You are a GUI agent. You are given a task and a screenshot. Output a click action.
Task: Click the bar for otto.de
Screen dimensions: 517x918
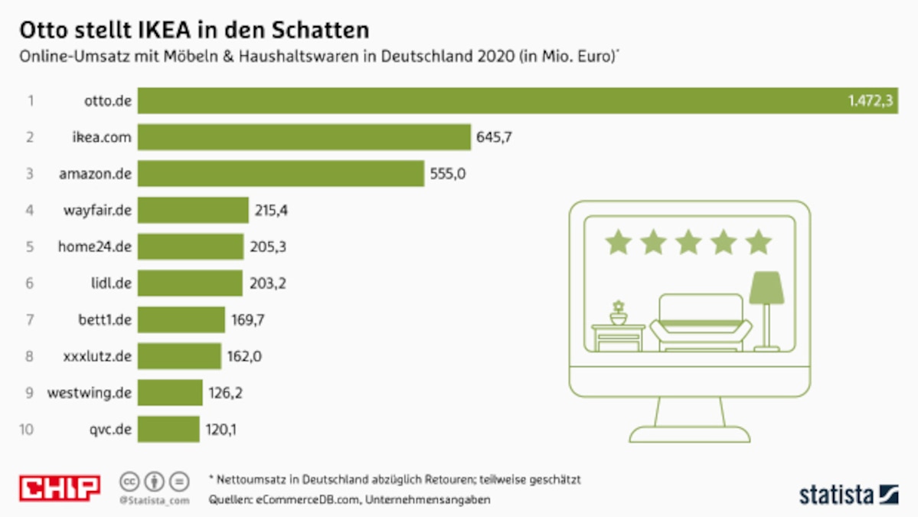490,101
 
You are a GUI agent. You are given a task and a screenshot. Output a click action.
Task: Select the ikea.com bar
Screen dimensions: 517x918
304,137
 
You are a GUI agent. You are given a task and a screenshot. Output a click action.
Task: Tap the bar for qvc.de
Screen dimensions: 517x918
168,430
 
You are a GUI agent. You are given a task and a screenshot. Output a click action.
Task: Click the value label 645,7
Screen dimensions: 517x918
495,138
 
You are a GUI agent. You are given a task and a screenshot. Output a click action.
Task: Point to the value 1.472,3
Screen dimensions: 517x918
871,101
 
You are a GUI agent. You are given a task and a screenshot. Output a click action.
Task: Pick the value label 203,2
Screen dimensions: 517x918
267,283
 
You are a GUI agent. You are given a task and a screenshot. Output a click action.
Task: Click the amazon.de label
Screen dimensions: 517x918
95,174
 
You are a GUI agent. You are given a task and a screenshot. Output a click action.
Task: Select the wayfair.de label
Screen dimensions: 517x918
97,210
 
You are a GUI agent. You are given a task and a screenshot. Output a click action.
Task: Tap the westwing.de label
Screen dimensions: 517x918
90,394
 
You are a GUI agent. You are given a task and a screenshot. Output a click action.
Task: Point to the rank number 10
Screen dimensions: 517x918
27,430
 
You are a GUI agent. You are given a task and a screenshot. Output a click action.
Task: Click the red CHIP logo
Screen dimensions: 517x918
60,488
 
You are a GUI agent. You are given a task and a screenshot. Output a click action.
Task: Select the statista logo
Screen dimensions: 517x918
848,494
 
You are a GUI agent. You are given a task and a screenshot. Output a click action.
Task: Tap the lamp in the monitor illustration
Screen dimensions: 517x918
766,306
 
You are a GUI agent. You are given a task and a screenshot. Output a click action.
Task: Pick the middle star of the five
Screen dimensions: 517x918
688,242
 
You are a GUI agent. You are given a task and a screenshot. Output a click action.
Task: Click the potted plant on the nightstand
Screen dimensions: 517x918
618,312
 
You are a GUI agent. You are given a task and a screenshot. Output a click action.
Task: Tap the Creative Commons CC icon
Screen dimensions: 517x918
129,482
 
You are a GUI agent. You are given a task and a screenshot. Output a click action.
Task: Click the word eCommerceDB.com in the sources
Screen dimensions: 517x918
299,500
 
